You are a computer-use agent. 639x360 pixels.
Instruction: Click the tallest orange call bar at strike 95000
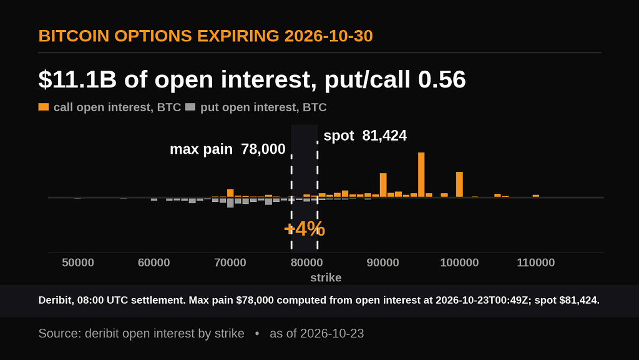(x=421, y=175)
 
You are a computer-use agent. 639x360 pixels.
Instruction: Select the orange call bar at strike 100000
(x=459, y=184)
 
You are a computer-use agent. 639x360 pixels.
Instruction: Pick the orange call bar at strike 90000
(x=383, y=185)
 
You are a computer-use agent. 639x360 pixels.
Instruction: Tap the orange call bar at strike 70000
(x=230, y=193)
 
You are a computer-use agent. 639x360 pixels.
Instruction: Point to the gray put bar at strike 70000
(x=230, y=202)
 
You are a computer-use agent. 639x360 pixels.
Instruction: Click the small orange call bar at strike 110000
(x=536, y=196)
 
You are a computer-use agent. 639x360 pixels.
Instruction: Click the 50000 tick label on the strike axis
(x=78, y=262)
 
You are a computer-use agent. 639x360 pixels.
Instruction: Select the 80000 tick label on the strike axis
(x=306, y=262)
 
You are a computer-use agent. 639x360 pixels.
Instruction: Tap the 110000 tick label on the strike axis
(x=535, y=262)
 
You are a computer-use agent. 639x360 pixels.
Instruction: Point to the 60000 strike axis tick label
(x=154, y=262)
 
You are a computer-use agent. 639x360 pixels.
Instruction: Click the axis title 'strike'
(x=326, y=277)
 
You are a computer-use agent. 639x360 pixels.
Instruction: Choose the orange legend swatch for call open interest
(x=44, y=107)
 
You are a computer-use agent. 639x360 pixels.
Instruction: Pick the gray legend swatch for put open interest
(x=190, y=107)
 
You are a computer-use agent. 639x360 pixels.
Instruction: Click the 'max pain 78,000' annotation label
(x=227, y=149)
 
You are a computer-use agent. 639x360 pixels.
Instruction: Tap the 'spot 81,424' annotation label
(x=365, y=136)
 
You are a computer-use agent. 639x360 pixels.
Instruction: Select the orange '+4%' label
(x=305, y=229)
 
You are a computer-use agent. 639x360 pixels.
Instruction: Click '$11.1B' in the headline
(x=77, y=79)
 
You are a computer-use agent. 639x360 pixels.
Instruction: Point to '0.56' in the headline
(x=442, y=79)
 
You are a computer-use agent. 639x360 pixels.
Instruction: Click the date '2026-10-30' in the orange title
(x=328, y=36)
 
